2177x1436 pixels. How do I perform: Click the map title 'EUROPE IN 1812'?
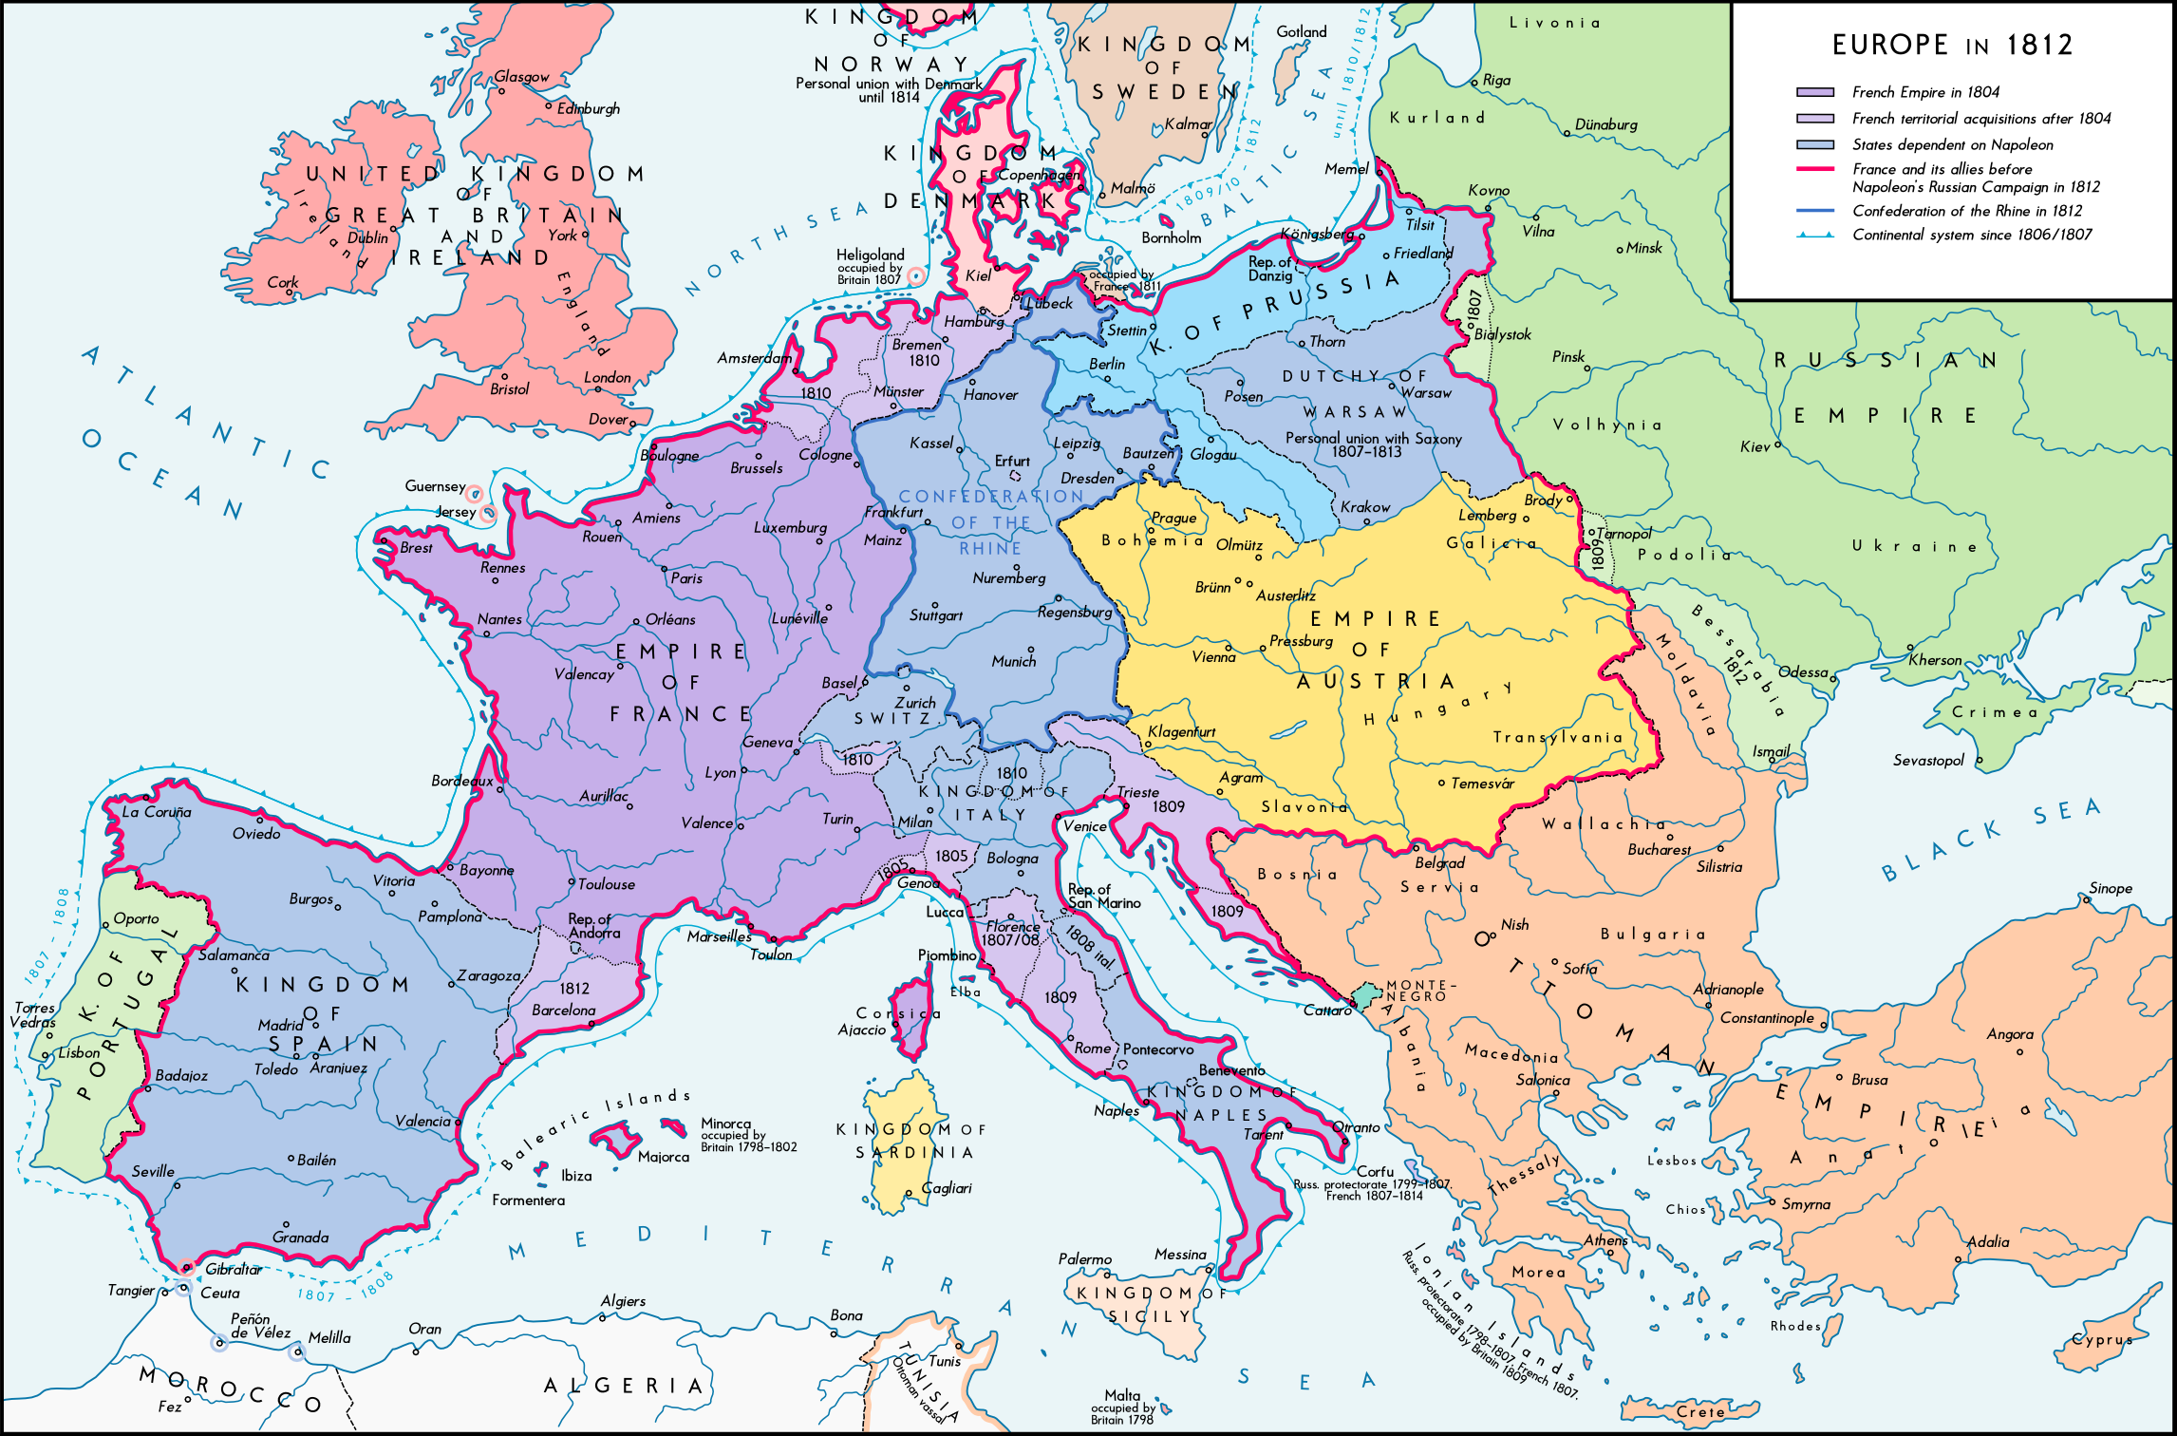point(1952,45)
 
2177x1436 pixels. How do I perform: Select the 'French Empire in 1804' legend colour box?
point(1814,92)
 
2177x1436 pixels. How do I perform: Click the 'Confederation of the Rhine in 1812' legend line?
point(1814,211)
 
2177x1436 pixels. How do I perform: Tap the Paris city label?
point(686,577)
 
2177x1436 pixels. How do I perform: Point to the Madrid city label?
point(280,1025)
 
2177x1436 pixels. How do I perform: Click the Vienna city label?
point(1213,656)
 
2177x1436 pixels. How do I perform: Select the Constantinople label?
point(1767,1018)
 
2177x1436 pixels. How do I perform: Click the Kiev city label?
point(1755,446)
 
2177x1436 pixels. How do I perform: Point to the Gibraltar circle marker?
point(187,1267)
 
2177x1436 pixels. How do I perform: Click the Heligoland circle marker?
point(915,276)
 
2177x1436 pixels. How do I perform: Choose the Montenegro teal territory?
point(1366,995)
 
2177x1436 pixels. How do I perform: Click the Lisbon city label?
point(79,1052)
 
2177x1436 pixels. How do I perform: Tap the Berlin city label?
point(1106,364)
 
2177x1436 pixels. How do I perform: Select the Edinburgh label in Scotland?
point(588,108)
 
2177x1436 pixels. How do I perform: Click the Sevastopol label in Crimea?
point(1927,760)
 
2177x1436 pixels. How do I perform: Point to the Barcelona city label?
point(563,1010)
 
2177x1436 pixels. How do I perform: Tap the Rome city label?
point(1092,1048)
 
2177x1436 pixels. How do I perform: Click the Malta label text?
point(1121,1395)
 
